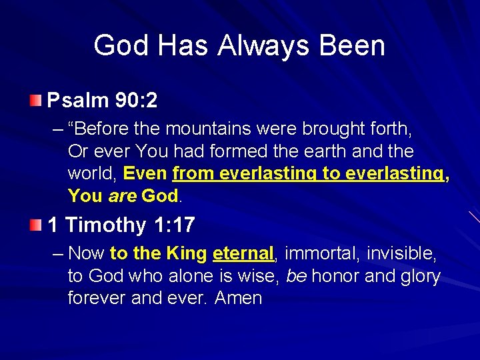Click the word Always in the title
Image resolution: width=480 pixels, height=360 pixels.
point(261,46)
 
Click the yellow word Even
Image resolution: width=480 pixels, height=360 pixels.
point(145,174)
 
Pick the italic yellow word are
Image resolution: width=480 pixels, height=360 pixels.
point(123,196)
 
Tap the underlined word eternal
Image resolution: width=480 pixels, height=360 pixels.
point(243,253)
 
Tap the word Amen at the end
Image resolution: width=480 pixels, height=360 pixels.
point(238,297)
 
